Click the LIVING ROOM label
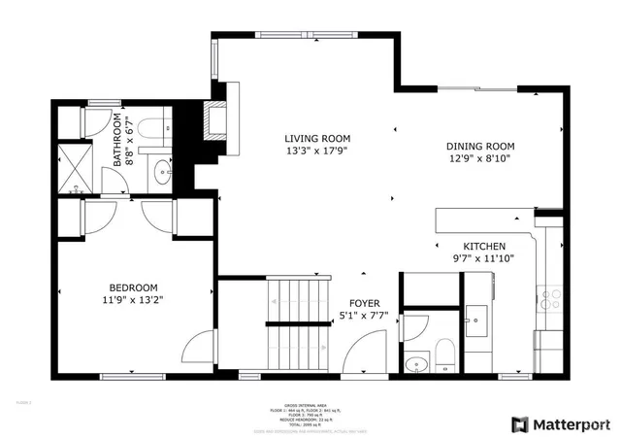[x=317, y=139]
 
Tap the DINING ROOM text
[x=479, y=145]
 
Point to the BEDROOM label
[x=133, y=287]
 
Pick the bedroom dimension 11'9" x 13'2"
[x=133, y=300]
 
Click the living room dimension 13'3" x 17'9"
[x=317, y=152]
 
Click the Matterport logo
[x=561, y=423]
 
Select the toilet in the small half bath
[x=443, y=355]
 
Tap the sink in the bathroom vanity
[x=161, y=175]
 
